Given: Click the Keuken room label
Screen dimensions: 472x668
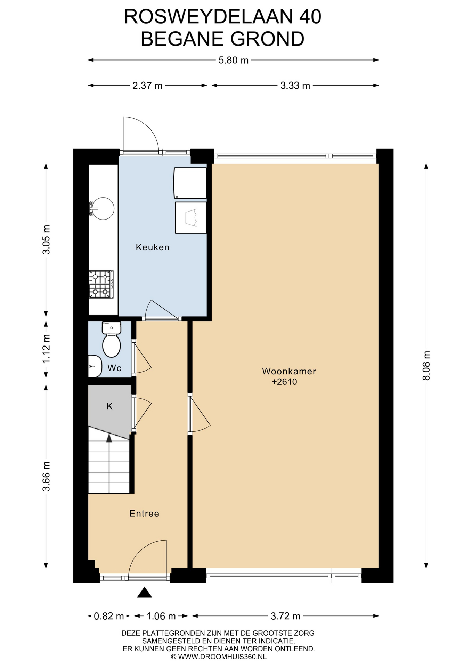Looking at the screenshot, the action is tap(153, 247).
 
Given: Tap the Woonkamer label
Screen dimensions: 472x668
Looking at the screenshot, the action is tap(289, 371).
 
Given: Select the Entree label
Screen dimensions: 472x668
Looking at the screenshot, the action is tap(144, 514).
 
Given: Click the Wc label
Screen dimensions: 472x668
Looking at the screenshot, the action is tap(114, 368).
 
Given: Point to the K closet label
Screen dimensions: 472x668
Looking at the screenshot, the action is tap(109, 406).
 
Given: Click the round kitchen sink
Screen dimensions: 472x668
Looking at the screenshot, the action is tap(103, 208).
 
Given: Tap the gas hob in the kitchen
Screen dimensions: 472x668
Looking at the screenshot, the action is tap(101, 284).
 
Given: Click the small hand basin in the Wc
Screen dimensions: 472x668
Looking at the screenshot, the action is tap(95, 366).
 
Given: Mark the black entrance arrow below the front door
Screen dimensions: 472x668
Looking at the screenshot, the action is tap(145, 592).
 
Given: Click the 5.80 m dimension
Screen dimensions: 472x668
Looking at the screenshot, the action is tap(233, 60).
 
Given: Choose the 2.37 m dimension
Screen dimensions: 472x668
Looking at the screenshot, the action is tap(147, 86).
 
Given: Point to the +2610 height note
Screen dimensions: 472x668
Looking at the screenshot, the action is tap(284, 382).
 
